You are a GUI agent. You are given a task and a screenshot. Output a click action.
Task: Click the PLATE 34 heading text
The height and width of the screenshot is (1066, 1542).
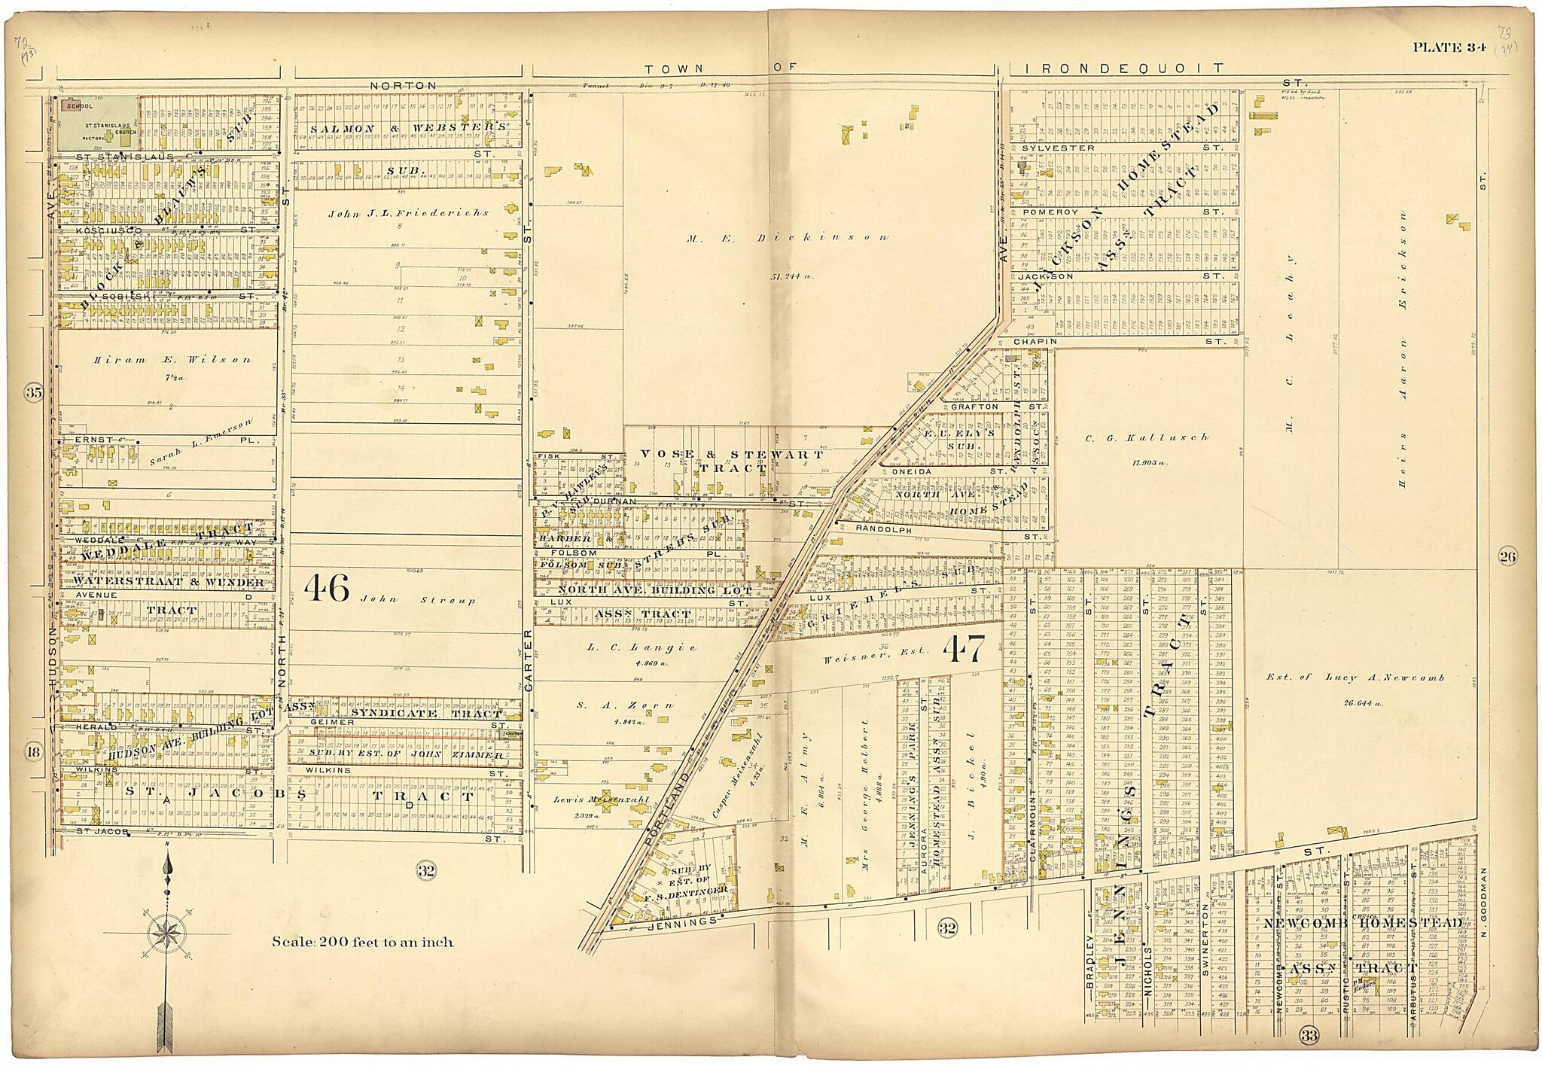1448,47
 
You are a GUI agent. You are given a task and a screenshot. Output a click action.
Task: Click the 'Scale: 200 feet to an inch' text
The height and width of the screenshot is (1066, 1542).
362,941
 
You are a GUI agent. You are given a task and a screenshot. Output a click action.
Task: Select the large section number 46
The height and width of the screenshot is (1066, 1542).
328,589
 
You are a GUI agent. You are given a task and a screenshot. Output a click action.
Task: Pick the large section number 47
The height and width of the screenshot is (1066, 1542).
963,650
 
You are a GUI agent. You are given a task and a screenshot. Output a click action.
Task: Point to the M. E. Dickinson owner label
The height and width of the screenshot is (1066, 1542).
788,237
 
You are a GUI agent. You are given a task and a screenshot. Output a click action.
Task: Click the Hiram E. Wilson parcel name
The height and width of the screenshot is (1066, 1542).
172,360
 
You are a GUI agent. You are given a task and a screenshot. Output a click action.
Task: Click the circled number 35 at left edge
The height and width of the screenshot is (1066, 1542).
33,391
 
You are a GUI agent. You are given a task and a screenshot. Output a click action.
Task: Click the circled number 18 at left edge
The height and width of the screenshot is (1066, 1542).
33,751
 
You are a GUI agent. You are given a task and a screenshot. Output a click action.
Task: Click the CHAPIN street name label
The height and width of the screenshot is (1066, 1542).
1035,342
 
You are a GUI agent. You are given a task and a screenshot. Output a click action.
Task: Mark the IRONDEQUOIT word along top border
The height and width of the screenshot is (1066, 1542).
1125,69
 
